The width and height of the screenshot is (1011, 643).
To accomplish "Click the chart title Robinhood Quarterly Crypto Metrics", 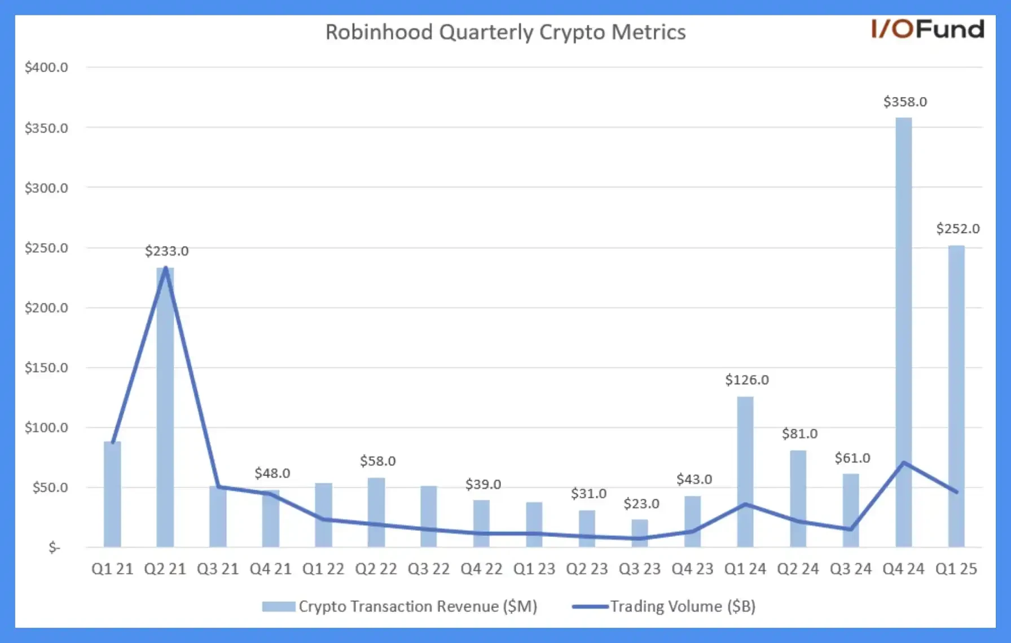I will point(505,32).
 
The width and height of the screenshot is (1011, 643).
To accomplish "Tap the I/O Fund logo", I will point(928,29).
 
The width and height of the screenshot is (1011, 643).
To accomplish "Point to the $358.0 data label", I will point(905,102).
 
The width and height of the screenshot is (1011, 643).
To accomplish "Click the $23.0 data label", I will point(641,504).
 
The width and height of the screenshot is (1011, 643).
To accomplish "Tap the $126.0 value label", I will point(747,380).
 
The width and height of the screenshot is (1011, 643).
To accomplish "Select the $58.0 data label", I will point(377,461).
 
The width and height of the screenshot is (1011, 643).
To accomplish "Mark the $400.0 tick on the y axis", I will point(46,68).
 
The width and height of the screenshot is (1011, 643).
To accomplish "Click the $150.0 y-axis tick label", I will point(46,368).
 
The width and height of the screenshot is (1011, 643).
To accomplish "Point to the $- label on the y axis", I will point(54,547).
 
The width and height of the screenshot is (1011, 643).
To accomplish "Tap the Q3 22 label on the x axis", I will point(429,569).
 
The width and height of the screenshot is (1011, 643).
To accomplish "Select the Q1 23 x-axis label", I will point(534,569).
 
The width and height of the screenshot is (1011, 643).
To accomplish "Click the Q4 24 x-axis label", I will point(903,569).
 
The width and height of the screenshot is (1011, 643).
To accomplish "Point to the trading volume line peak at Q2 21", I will point(165,268).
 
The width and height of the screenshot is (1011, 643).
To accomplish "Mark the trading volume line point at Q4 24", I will point(903,463).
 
